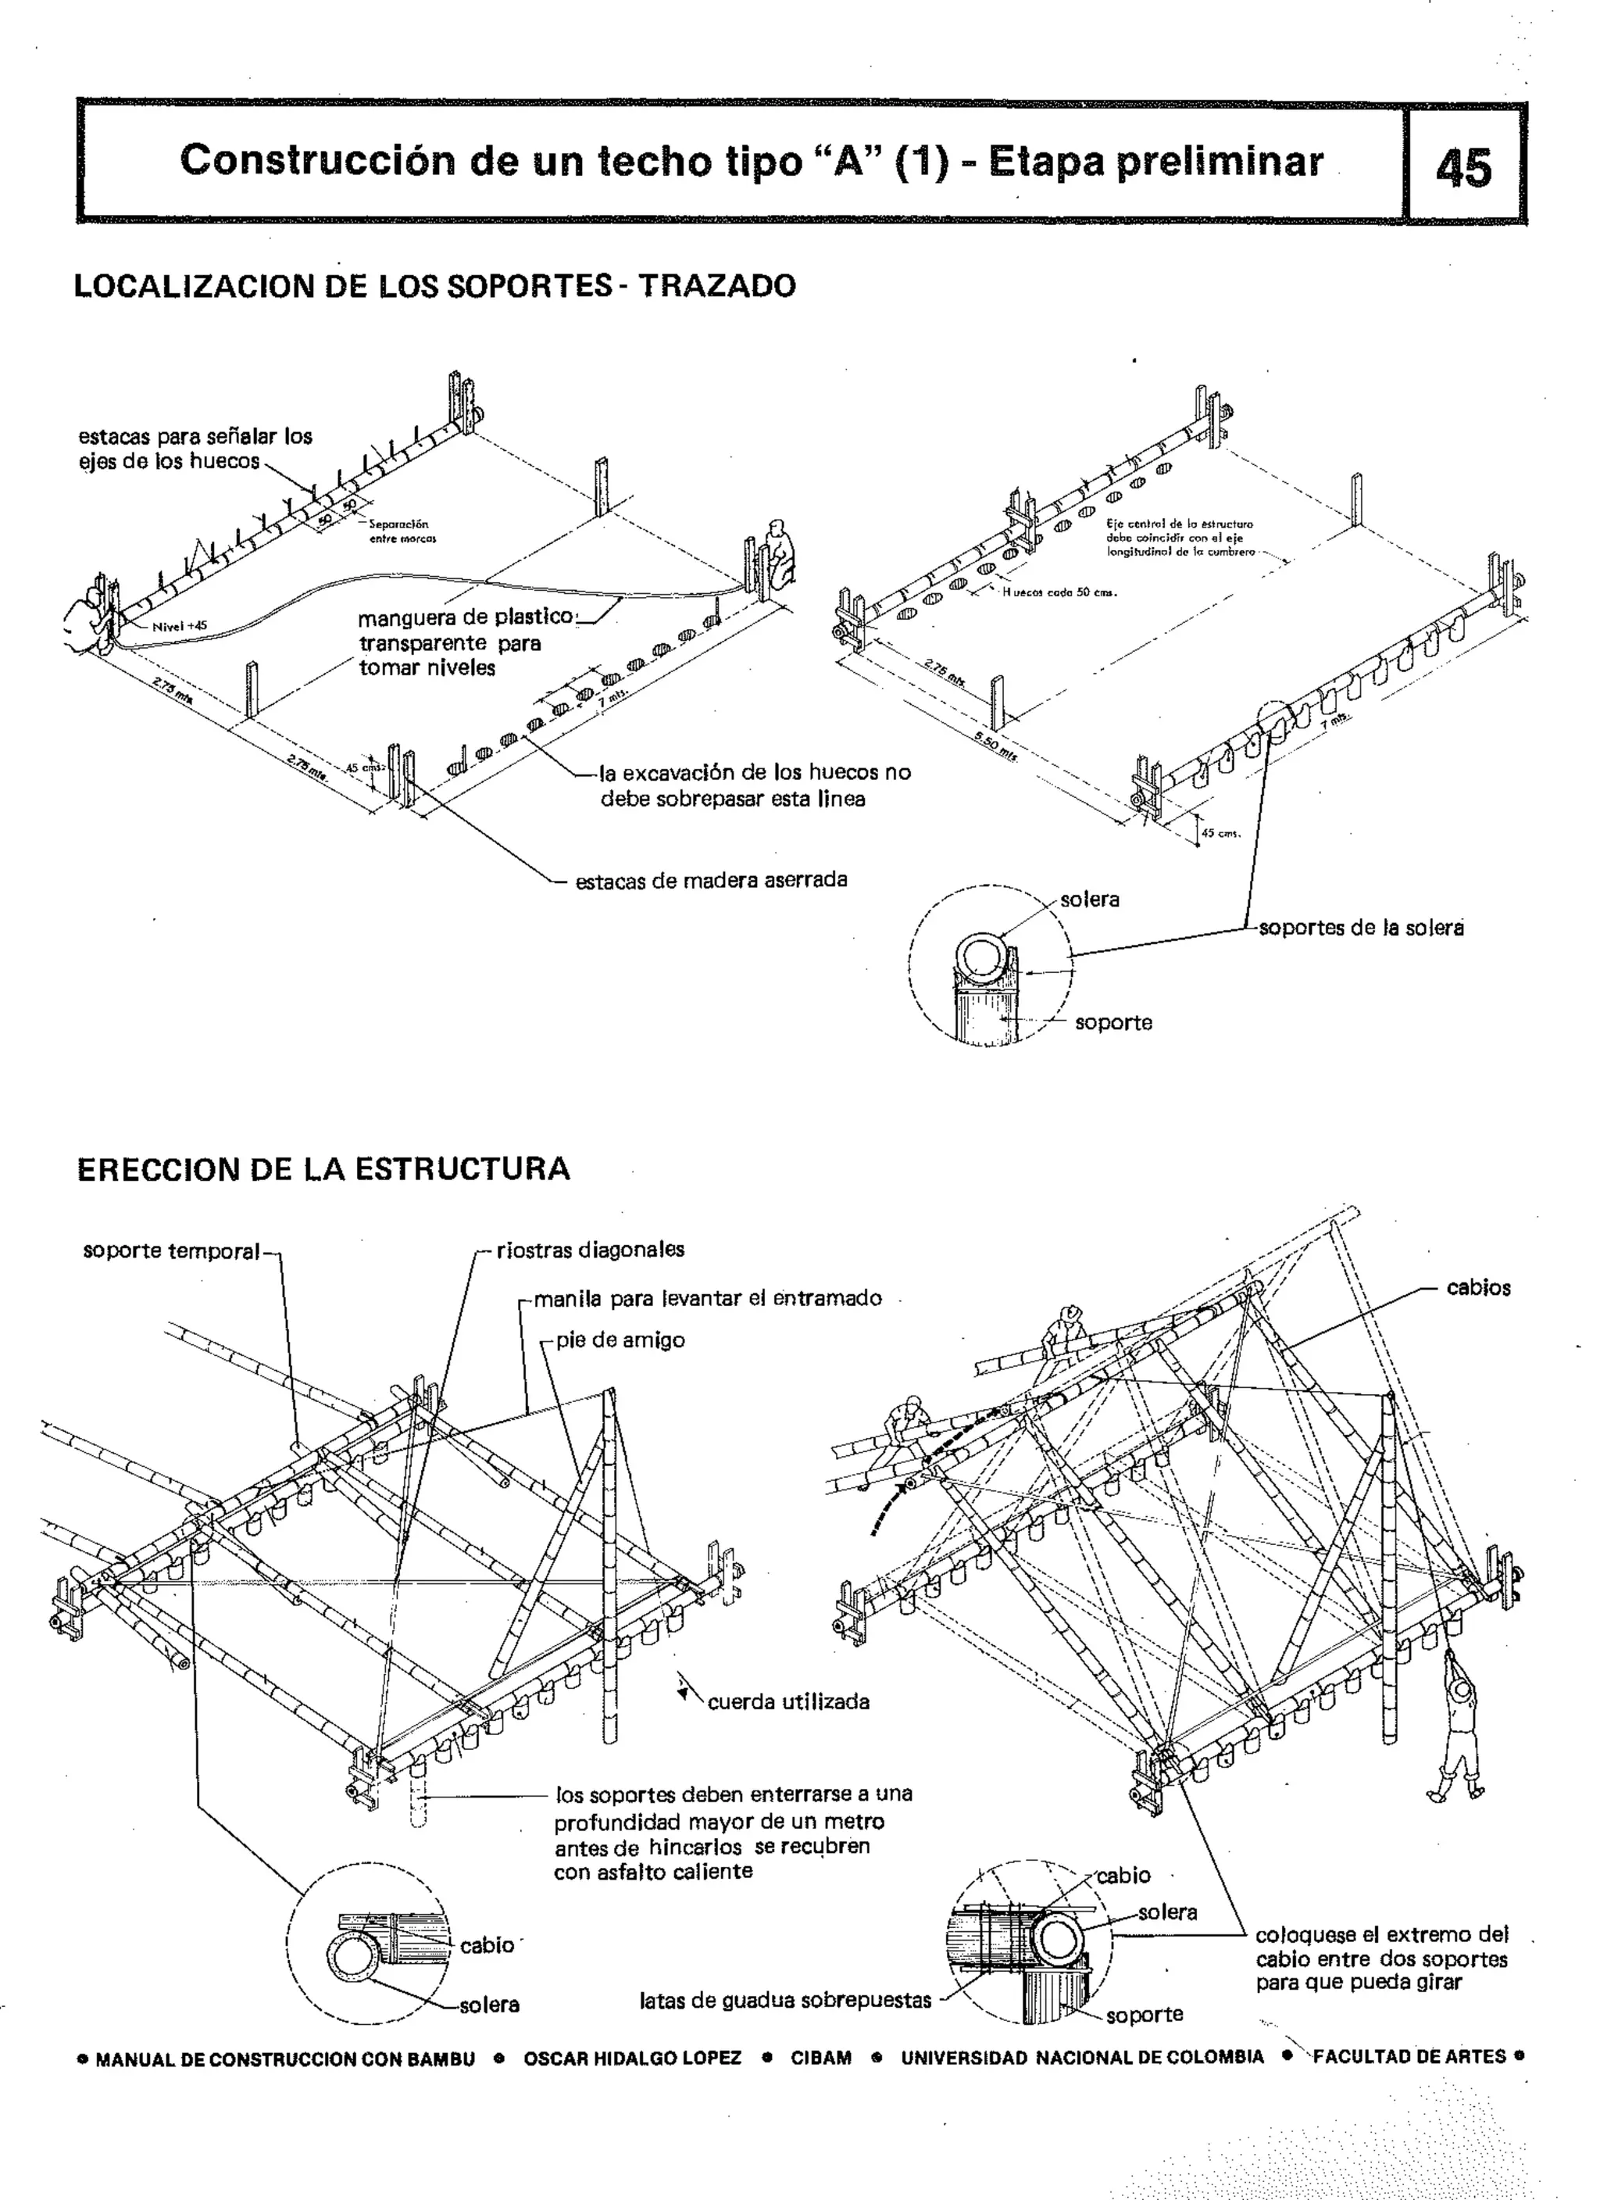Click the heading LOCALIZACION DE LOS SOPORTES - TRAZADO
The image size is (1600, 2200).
click(x=434, y=286)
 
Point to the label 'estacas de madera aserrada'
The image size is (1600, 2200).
click(x=711, y=880)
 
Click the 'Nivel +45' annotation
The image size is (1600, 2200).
click(x=180, y=626)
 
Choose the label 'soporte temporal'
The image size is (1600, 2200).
click(x=172, y=1251)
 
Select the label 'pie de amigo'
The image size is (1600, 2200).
click(x=620, y=1340)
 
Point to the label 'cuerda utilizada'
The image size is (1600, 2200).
click(x=787, y=1701)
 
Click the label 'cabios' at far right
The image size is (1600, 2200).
click(x=1478, y=1287)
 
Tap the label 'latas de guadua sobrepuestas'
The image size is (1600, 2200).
click(x=784, y=2000)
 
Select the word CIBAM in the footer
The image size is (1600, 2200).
click(x=820, y=2058)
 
